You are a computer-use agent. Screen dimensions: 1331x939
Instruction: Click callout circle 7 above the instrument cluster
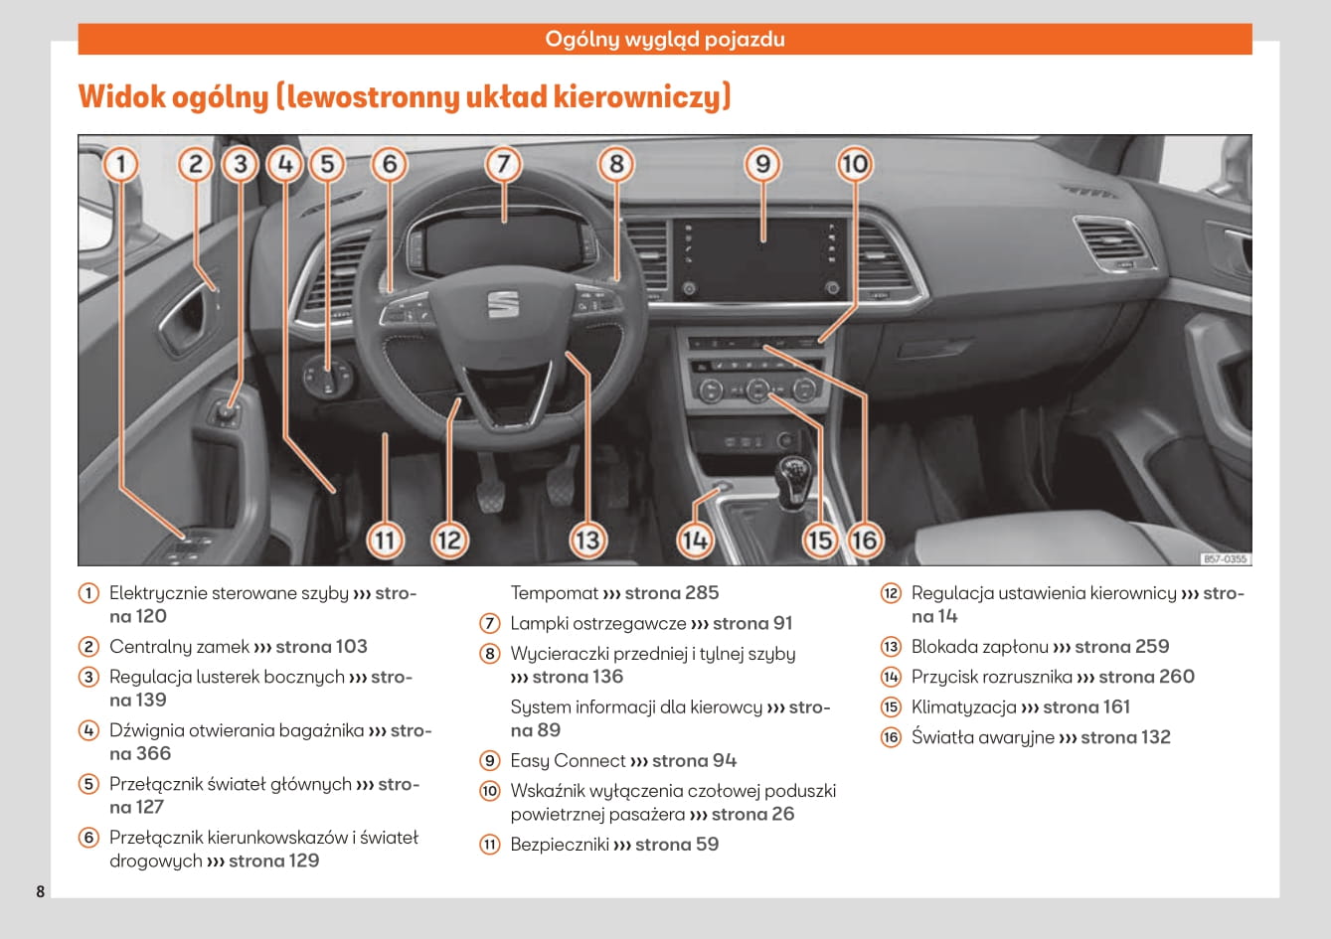tap(503, 164)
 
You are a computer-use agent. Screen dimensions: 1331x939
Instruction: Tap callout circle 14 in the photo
tap(695, 541)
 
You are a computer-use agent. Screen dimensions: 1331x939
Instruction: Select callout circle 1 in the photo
tap(120, 164)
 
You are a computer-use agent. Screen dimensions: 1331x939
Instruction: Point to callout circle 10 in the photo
tap(855, 164)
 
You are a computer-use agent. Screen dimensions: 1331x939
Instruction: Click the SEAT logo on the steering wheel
tap(503, 303)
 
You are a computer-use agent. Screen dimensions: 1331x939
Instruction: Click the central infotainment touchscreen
tap(760, 259)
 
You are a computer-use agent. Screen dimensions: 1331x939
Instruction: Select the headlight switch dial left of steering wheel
tap(328, 377)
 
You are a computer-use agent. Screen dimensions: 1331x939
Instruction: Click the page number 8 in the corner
tap(41, 891)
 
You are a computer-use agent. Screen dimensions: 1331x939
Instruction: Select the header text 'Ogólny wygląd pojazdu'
tap(665, 39)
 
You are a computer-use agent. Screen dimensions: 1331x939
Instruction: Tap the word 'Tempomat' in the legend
tap(555, 593)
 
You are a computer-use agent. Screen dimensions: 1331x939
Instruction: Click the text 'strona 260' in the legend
tap(1146, 677)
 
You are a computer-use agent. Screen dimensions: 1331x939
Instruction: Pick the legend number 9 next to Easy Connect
tap(490, 760)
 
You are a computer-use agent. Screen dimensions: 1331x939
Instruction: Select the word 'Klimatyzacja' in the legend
tap(964, 707)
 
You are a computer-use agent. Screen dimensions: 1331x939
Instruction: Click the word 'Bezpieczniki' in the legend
tap(560, 844)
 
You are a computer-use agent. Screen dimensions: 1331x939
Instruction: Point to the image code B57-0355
tap(1225, 558)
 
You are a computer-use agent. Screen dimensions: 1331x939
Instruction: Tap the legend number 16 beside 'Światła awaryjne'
tap(891, 737)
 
